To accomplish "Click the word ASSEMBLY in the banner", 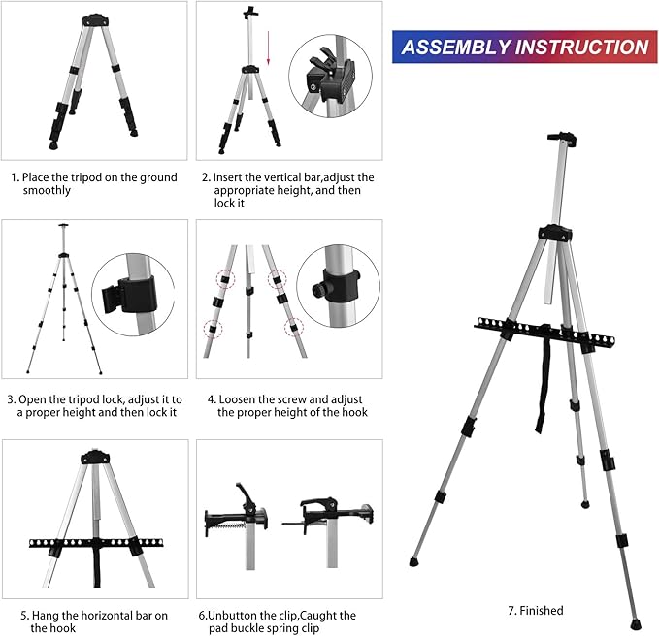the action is (x=456, y=47).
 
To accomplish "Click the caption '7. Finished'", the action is (x=536, y=611).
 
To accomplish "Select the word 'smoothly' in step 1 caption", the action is (x=47, y=190).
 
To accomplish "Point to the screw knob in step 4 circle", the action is (x=319, y=289).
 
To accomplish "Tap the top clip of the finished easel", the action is (x=562, y=138).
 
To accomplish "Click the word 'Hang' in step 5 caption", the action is (x=46, y=616).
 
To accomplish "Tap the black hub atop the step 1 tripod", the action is (x=95, y=20).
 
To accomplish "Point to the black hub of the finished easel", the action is (x=555, y=233).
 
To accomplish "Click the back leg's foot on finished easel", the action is (x=585, y=504).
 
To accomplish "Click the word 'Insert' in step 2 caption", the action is (x=227, y=177).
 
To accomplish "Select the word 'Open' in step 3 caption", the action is (x=32, y=399).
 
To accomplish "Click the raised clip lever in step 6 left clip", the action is (x=245, y=494).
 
